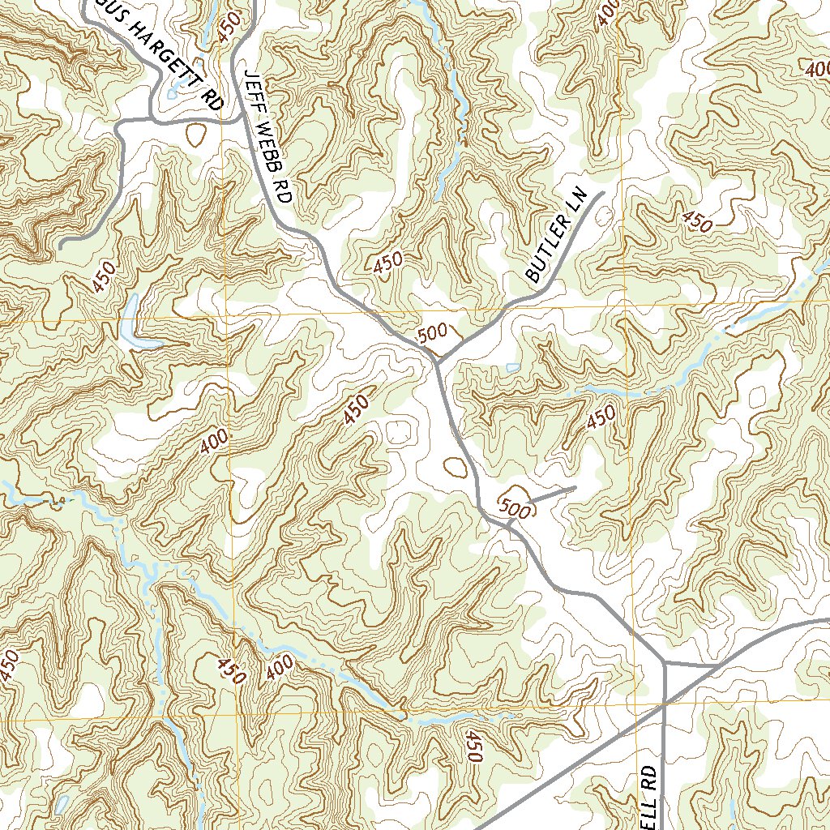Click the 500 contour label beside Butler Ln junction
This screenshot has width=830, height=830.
coord(432,335)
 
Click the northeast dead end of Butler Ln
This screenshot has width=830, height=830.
coord(604,193)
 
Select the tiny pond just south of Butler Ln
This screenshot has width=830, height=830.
coord(512,368)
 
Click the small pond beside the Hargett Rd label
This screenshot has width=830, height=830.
coord(171,94)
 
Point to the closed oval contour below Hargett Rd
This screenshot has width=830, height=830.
coord(195,135)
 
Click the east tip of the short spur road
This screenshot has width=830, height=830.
coord(575,488)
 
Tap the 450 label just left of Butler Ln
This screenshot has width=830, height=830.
coord(388,262)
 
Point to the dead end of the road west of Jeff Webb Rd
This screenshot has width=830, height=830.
coord(61,244)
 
